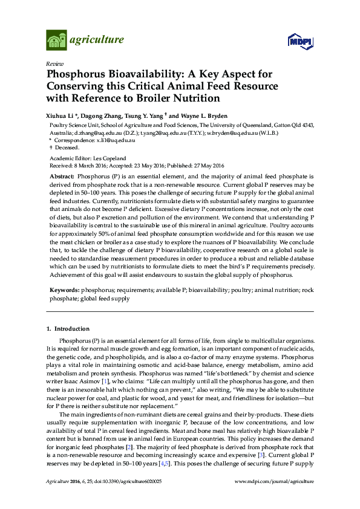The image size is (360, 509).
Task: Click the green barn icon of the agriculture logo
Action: tap(56, 41)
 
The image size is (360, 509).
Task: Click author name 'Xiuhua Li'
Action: tap(62, 115)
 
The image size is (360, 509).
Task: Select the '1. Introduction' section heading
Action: tap(68, 329)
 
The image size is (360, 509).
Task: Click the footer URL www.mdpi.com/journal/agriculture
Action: tap(274, 481)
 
